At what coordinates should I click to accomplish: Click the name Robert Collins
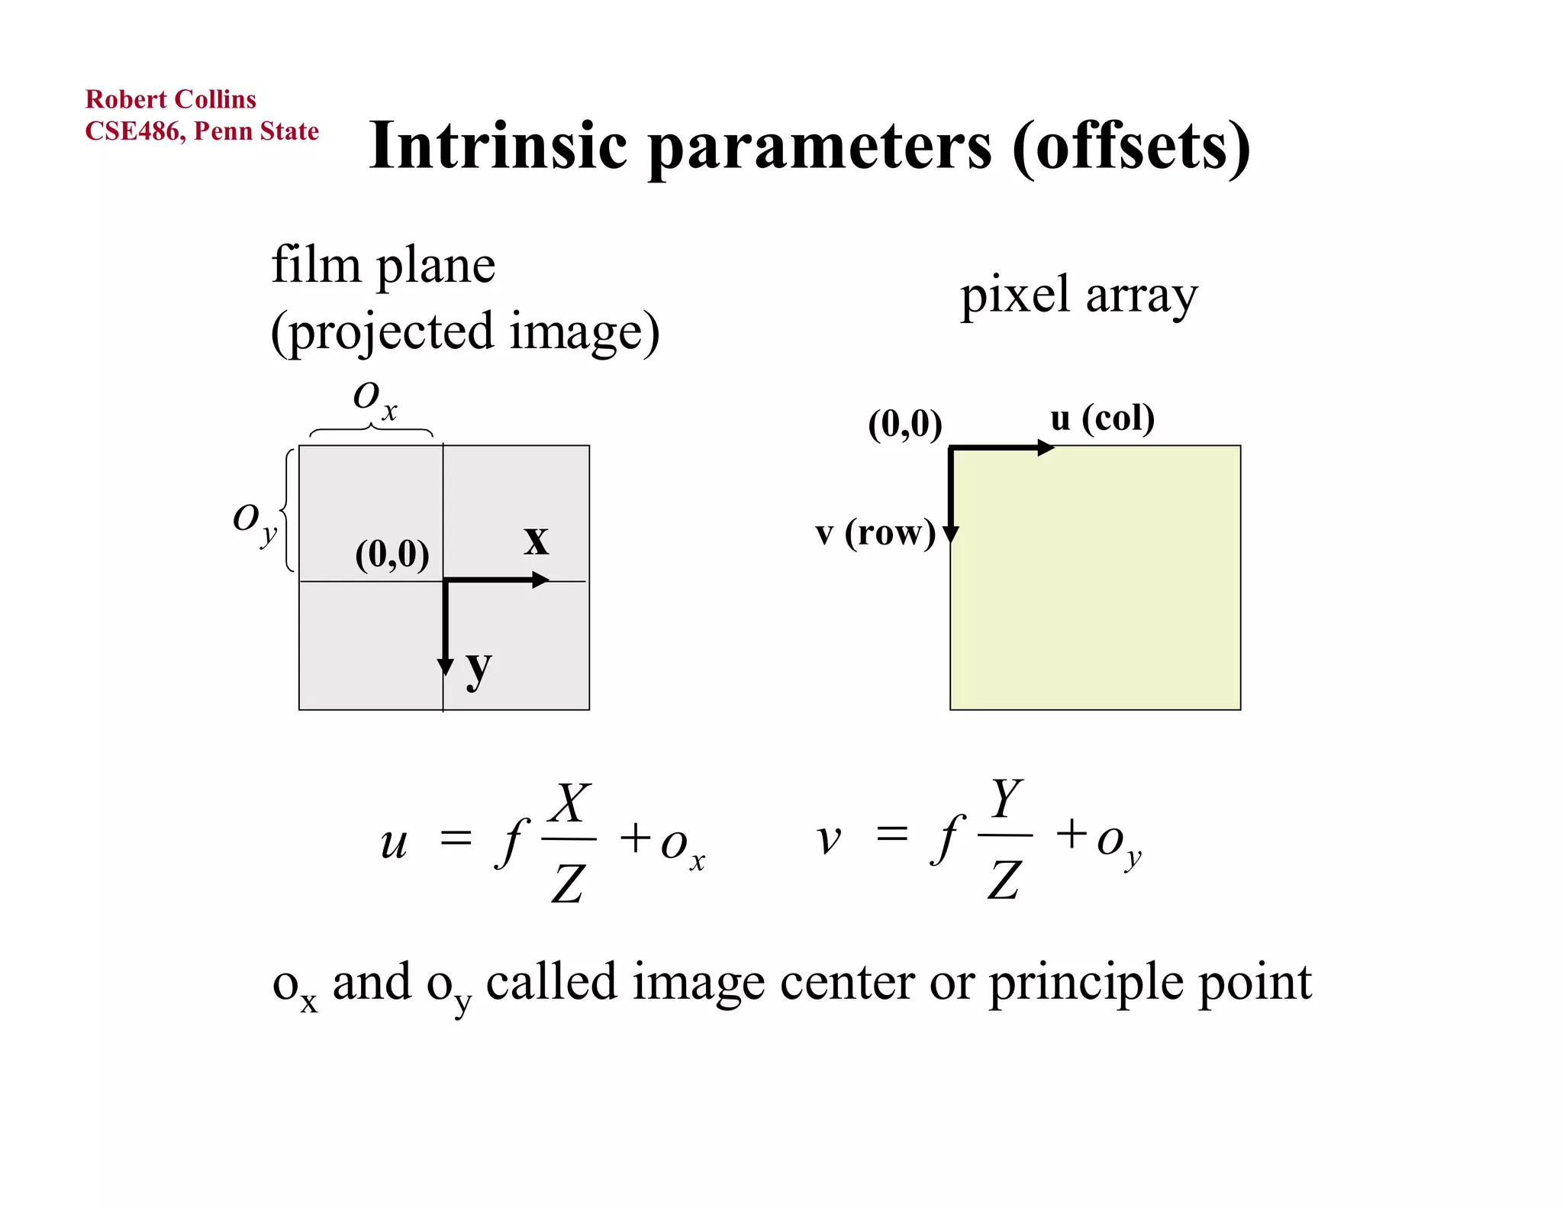click(170, 99)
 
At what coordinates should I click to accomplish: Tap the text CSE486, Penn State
click(201, 131)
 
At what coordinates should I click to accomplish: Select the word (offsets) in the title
click(1131, 147)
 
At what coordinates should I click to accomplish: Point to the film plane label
click(383, 266)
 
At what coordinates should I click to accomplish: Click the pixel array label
click(1078, 295)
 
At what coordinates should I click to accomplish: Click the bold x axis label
click(536, 540)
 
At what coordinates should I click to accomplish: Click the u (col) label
click(1102, 418)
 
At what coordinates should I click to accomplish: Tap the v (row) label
click(875, 532)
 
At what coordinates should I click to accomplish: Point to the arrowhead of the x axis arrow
click(540, 580)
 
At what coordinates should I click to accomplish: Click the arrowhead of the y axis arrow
click(445, 667)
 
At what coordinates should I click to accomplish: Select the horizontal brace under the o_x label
click(371, 431)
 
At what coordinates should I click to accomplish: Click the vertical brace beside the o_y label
click(288, 509)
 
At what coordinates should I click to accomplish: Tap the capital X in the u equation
click(570, 803)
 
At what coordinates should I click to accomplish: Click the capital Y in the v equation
click(1006, 798)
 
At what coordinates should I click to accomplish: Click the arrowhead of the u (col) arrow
click(1046, 448)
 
